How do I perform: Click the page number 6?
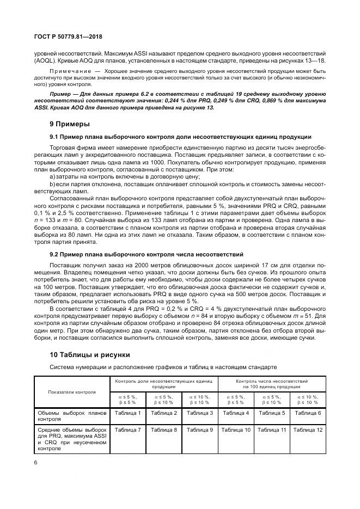[35, 462]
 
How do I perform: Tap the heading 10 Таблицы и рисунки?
[89, 354]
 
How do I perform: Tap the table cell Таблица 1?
[127, 413]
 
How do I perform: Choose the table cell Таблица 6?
[307, 413]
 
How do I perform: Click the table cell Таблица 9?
[199, 430]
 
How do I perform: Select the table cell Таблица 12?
[307, 430]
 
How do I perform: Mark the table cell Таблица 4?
[235, 413]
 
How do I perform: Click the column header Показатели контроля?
[72, 391]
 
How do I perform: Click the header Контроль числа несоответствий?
[271, 381]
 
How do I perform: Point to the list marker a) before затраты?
[52, 177]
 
